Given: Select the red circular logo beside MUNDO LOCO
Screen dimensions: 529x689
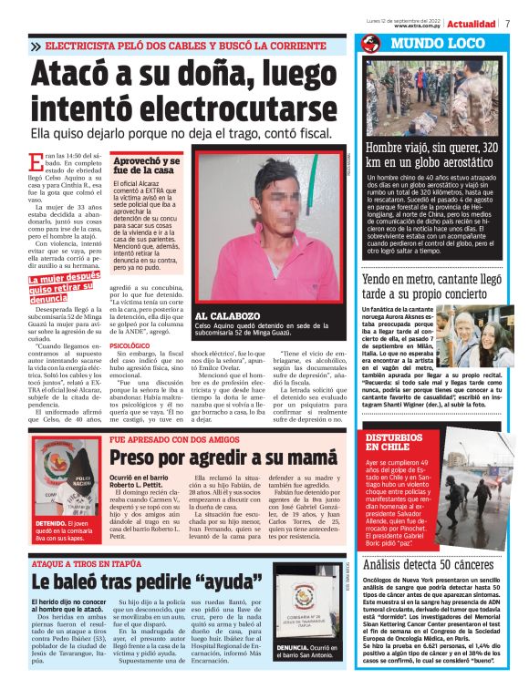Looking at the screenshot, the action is (370, 44).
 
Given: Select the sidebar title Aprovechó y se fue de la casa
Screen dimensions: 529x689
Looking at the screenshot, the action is (146, 165).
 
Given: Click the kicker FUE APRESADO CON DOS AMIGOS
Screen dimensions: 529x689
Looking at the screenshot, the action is (173, 438).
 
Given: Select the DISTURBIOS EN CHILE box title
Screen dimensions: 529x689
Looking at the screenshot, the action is (394, 442).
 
